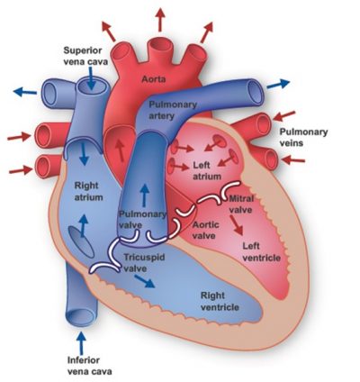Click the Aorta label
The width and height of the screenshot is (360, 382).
point(153,79)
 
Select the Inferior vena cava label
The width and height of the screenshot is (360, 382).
point(89,366)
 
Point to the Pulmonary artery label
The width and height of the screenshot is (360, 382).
point(173,110)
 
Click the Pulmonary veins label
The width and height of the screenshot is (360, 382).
point(303,137)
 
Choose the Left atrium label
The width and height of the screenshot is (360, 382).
point(207,170)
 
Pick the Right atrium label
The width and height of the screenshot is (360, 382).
point(88,191)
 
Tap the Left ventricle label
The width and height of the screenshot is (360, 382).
point(261,251)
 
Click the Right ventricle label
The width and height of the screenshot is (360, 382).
point(220,301)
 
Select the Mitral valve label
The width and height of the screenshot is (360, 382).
point(241,205)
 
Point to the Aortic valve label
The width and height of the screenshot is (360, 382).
point(205,230)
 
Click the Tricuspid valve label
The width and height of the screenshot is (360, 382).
point(144,262)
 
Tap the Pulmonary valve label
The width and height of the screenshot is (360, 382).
point(142,219)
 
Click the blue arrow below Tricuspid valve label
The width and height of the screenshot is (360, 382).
point(145,281)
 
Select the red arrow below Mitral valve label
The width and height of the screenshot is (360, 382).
point(237,225)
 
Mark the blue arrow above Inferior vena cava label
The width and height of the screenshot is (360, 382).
point(81,343)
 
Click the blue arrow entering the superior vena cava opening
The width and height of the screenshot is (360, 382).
point(92,78)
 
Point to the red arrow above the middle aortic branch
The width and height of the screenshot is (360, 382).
point(160,20)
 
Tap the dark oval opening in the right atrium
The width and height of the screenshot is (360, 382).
point(81,241)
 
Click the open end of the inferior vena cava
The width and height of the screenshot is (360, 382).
point(81,317)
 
